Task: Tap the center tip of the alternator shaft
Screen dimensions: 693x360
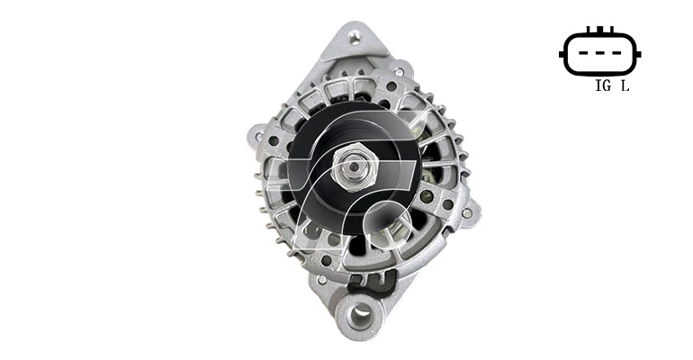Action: (x=354, y=166)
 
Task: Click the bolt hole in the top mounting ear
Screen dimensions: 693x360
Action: (x=353, y=37)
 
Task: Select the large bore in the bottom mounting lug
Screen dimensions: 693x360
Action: (x=359, y=314)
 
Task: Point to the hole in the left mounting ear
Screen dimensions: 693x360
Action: (x=258, y=137)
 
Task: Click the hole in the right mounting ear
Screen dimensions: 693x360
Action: (x=466, y=214)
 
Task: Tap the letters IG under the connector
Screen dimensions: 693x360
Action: (x=603, y=85)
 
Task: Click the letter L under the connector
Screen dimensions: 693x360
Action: (x=625, y=85)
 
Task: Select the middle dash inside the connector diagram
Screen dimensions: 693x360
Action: (x=600, y=53)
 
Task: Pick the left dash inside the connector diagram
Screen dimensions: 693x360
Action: (x=584, y=53)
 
